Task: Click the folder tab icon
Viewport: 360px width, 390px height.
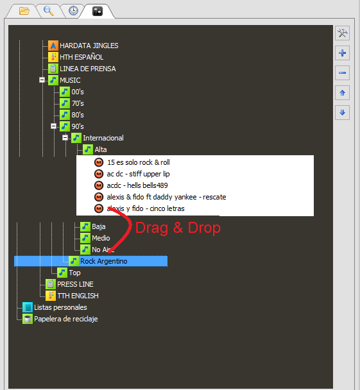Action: [x=24, y=11]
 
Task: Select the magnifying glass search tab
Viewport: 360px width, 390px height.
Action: [x=49, y=11]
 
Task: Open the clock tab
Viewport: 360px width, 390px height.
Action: [x=73, y=11]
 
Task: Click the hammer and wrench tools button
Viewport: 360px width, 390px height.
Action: [x=342, y=33]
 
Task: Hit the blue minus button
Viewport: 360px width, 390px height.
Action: [x=342, y=73]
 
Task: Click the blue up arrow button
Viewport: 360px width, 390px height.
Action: [x=342, y=93]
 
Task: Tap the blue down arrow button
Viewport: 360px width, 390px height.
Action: [x=342, y=113]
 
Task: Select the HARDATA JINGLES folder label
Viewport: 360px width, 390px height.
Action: [x=89, y=46]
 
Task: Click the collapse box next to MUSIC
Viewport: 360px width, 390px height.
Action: [x=42, y=80]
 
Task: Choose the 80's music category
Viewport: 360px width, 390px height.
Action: [x=78, y=115]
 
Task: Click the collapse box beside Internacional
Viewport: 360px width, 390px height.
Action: [x=65, y=138]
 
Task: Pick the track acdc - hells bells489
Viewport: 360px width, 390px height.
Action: [x=137, y=185]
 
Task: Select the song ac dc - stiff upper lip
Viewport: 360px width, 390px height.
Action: [x=139, y=174]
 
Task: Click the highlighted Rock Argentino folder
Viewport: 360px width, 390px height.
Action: [x=103, y=261]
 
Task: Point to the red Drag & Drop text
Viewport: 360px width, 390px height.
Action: [x=178, y=228]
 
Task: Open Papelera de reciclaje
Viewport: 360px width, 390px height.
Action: [x=66, y=319]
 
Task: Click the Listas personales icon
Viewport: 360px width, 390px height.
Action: [x=28, y=307]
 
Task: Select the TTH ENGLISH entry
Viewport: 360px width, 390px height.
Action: [x=78, y=296]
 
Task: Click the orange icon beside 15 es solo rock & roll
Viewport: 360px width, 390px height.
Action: [x=99, y=162]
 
